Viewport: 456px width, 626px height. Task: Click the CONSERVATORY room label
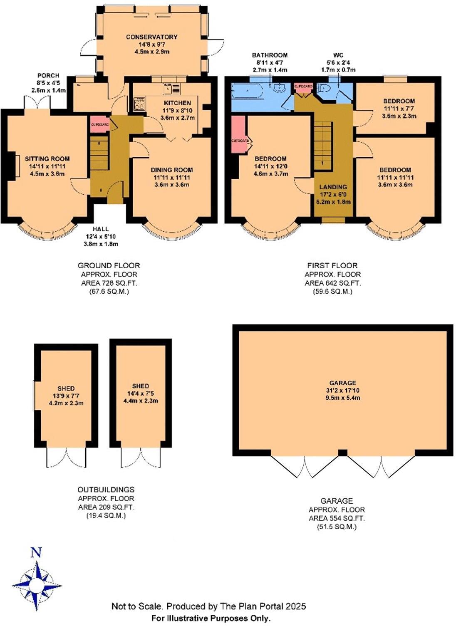pos(151,37)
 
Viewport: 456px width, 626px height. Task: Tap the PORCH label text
pos(48,76)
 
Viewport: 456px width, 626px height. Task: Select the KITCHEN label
pos(177,103)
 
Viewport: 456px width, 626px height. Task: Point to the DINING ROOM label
pos(171,170)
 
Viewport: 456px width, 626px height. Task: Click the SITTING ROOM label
pos(47,158)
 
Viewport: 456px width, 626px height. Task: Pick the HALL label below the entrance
pos(101,229)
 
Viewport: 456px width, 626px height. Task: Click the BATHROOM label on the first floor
pos(270,55)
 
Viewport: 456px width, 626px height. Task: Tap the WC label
pos(338,55)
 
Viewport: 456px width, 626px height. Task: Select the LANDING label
pos(333,187)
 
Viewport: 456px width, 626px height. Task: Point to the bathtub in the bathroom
pos(247,91)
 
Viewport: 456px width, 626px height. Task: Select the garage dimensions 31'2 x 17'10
pos(342,391)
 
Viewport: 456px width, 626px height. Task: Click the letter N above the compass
pos(37,552)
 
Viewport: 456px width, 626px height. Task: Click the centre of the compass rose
pos(37,586)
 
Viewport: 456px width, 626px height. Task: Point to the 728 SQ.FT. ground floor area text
pos(109,283)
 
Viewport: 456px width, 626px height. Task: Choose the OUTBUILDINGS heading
pos(106,490)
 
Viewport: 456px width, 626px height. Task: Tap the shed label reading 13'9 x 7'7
pos(66,396)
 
